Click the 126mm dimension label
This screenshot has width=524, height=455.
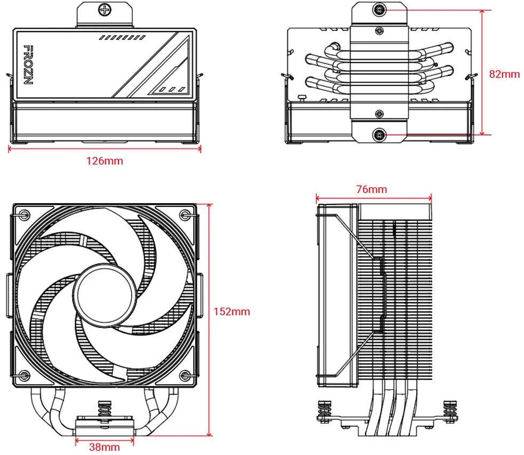click(105, 161)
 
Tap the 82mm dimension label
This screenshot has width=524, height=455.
click(504, 74)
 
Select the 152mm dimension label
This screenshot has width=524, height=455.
click(232, 312)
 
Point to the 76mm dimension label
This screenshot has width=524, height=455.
click(371, 189)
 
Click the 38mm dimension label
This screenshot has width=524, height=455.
click(104, 446)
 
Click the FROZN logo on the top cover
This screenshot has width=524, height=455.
click(28, 65)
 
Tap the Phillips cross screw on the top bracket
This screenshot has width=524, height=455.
click(105, 10)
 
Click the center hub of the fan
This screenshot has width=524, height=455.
click(105, 294)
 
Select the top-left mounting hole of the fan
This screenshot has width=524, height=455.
click(25, 214)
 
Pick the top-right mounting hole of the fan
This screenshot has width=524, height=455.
click(185, 214)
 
